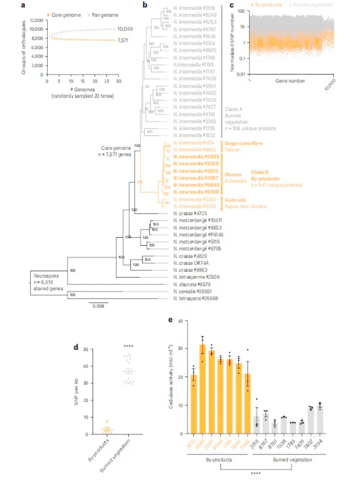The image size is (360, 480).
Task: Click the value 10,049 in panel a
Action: tap(125, 29)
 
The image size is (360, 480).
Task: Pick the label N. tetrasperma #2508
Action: tap(194, 277)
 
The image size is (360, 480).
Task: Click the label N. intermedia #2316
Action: tap(190, 8)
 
